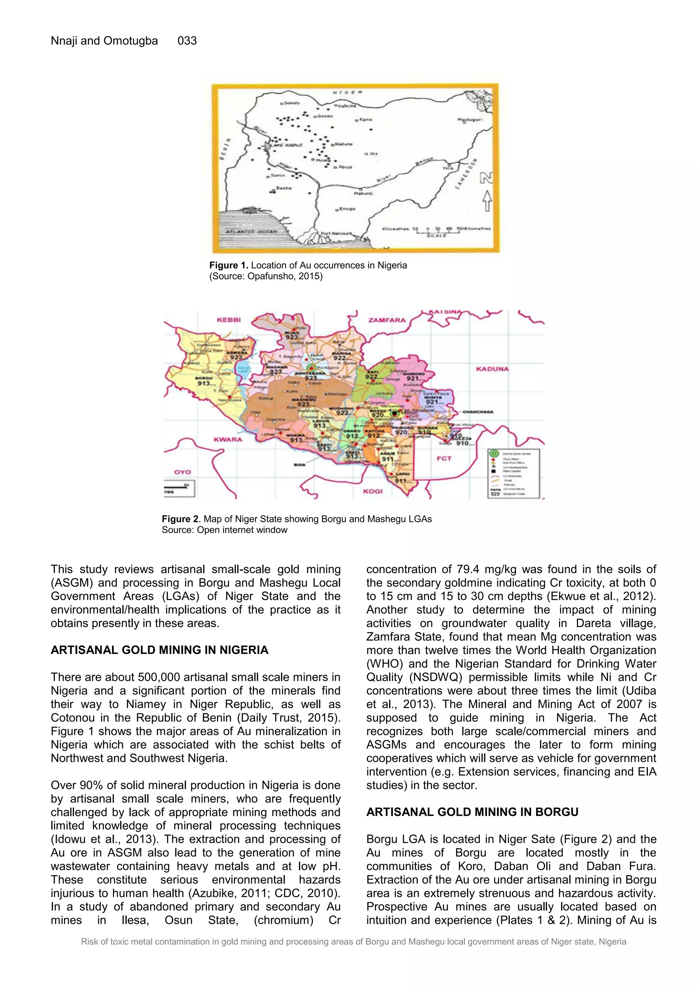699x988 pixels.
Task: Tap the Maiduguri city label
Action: click(x=470, y=120)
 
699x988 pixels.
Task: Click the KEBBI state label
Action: click(x=229, y=320)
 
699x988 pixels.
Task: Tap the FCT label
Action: click(x=444, y=458)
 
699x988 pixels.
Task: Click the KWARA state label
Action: click(x=228, y=439)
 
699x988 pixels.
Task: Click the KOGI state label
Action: click(x=372, y=491)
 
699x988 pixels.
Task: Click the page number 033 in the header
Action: click(x=187, y=41)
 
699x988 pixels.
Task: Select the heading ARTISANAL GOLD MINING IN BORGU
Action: click(x=472, y=812)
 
